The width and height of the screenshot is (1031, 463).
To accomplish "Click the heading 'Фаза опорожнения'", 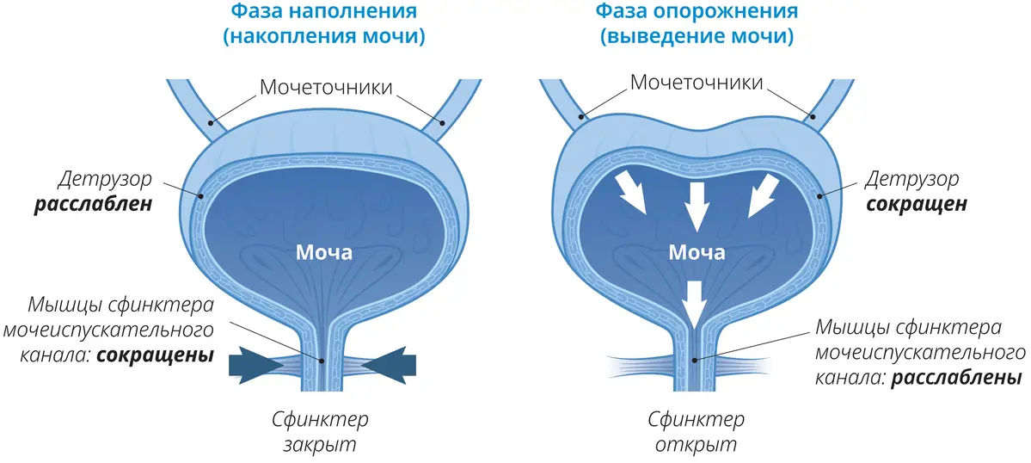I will point(697,13).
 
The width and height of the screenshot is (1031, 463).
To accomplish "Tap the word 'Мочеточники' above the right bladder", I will point(697,83).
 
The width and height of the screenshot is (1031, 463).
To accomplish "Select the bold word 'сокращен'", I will point(919,206).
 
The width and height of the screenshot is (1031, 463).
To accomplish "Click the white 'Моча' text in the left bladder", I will point(324,253).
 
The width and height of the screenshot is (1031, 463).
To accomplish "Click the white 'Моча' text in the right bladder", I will point(697,253).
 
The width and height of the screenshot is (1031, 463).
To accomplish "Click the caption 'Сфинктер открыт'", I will point(696,433).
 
